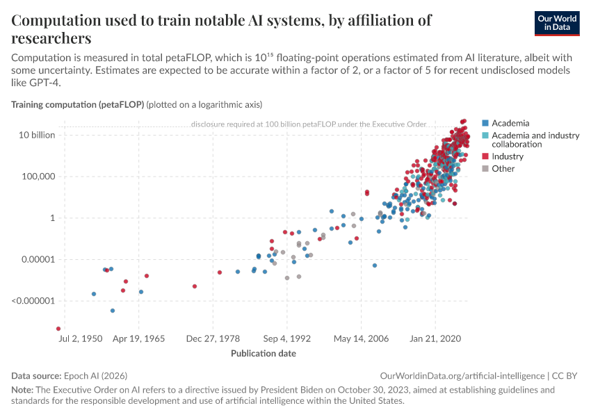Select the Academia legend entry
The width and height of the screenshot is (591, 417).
510,123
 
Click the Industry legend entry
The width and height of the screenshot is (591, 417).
508,156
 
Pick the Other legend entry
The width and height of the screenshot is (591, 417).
503,168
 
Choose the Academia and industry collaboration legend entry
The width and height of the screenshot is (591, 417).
535,140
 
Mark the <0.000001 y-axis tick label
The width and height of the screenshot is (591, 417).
33,302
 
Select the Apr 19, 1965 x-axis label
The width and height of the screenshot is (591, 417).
138,339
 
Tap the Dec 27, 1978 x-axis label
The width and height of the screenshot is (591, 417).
213,339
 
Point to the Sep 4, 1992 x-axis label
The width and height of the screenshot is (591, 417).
286,339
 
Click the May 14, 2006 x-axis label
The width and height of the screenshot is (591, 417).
361,339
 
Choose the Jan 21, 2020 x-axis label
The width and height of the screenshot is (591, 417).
435,339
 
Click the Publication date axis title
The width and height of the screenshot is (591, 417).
263,353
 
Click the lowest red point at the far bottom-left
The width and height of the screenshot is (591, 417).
58,329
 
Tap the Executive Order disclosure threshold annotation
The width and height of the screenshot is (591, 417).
308,124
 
